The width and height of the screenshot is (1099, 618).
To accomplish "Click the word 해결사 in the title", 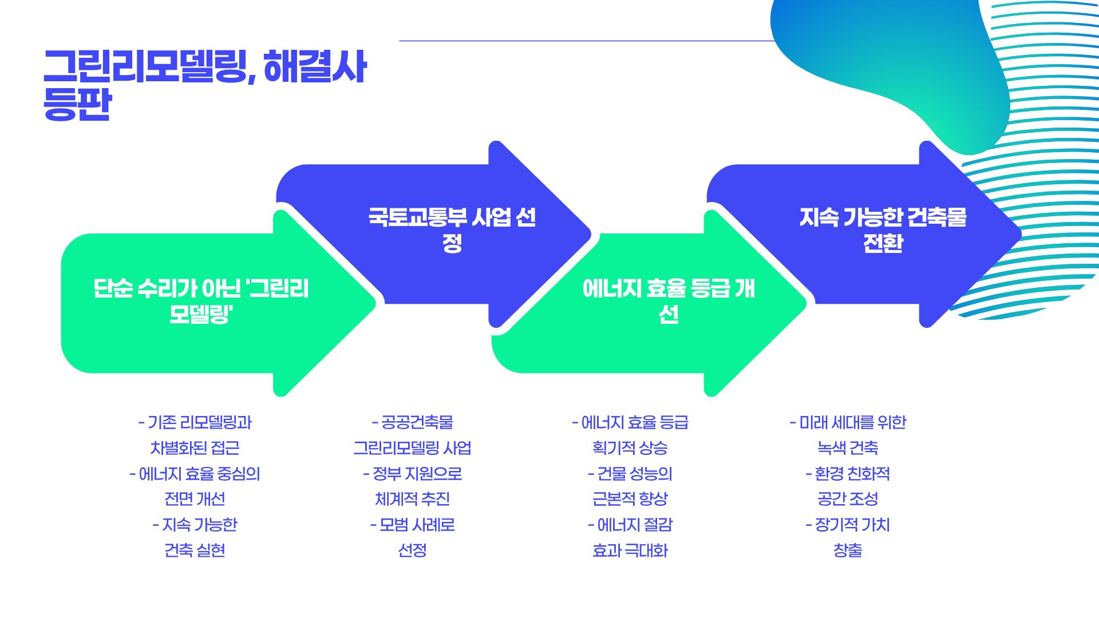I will pyautogui.click(x=315, y=68).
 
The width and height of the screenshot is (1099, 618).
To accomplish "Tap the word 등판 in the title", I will pyautogui.click(x=77, y=104).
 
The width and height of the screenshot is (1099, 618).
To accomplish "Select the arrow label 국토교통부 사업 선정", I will pyautogui.click(x=452, y=230).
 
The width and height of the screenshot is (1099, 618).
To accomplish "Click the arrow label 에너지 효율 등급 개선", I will pyautogui.click(x=668, y=301).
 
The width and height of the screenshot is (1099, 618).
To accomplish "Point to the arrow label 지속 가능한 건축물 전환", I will pyautogui.click(x=883, y=230).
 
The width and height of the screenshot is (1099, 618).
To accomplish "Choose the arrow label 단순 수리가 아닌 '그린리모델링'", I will pyautogui.click(x=201, y=301).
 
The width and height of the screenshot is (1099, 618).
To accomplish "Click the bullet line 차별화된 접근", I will pyautogui.click(x=195, y=448).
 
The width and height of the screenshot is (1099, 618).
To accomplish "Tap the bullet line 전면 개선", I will pyautogui.click(x=195, y=499).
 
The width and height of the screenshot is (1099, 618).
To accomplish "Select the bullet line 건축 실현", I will pyautogui.click(x=195, y=550).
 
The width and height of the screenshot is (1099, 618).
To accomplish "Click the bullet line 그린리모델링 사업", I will pyautogui.click(x=412, y=448).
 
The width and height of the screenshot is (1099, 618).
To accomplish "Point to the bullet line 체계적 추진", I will pyautogui.click(x=412, y=499).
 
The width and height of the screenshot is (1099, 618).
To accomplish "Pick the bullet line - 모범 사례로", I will pyautogui.click(x=412, y=525).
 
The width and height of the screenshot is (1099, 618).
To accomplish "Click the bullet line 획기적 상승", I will pyautogui.click(x=630, y=448).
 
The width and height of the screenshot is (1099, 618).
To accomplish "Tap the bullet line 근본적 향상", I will pyautogui.click(x=630, y=499).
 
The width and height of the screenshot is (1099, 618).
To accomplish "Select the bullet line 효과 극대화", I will pyautogui.click(x=630, y=550).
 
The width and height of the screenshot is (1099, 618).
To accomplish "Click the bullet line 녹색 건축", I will pyautogui.click(x=847, y=448).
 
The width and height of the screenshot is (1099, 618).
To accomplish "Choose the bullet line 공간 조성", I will pyautogui.click(x=847, y=499).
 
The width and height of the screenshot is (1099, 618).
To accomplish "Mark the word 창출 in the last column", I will pyautogui.click(x=847, y=550).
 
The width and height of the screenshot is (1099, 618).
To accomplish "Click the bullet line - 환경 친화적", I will pyautogui.click(x=847, y=474).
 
